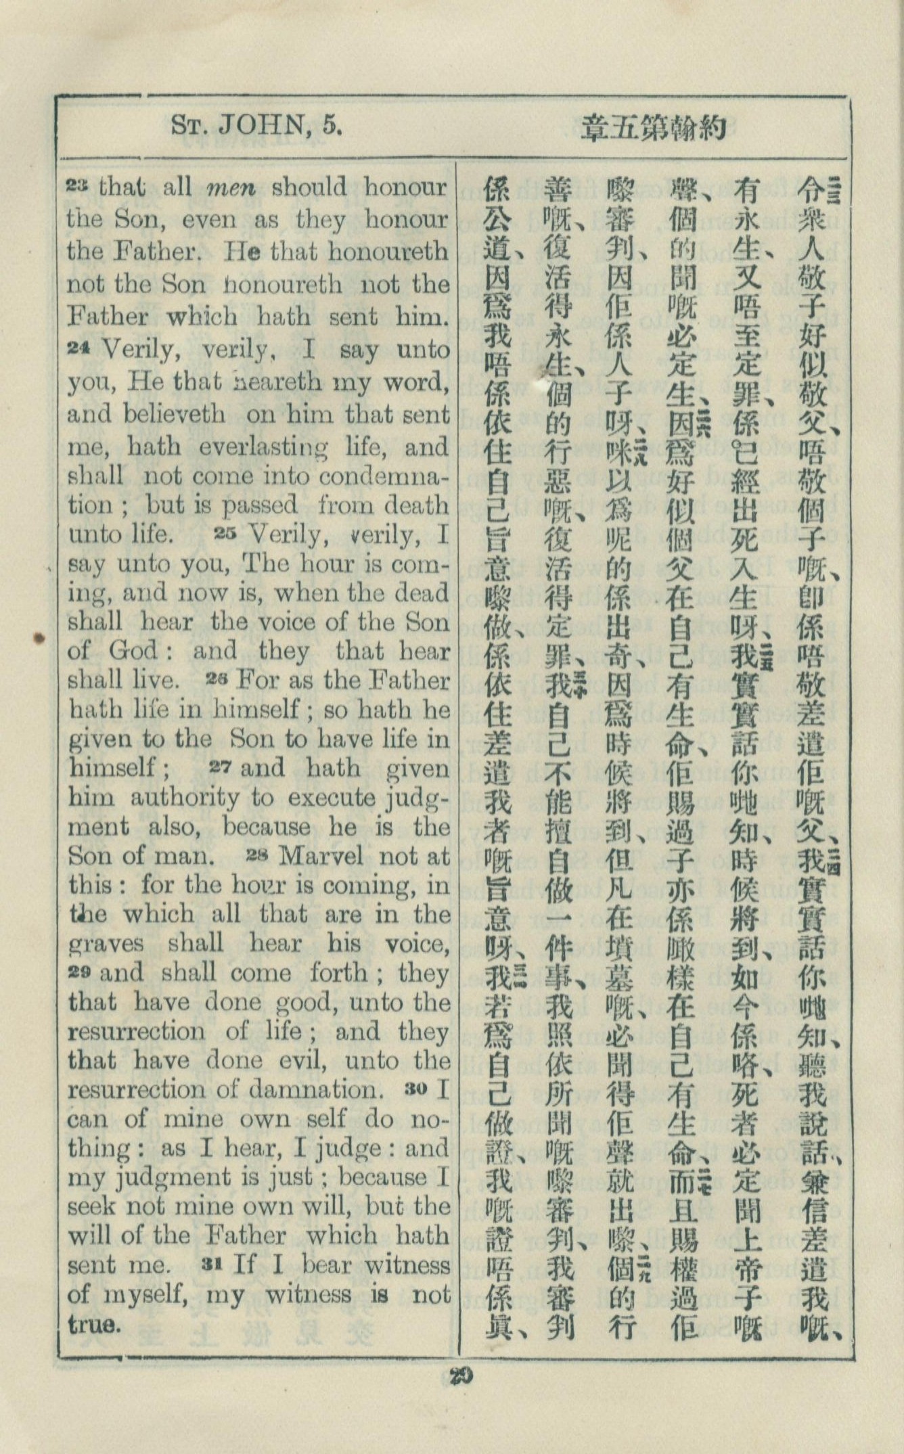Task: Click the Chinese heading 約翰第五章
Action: pyautogui.click(x=654, y=128)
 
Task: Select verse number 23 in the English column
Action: pyautogui.click(x=80, y=185)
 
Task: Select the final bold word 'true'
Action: pyautogui.click(x=94, y=1323)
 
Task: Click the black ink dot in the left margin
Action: pyautogui.click(x=39, y=637)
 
